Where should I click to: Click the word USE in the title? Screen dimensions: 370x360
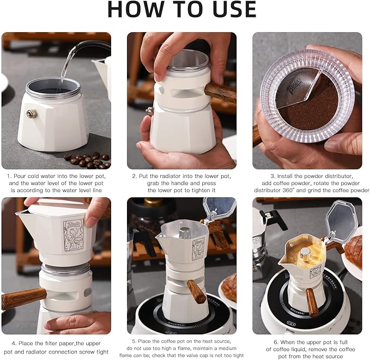[x=234, y=9]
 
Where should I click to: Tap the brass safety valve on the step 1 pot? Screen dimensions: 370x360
[x=32, y=114]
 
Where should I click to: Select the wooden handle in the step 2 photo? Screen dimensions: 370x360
[x=221, y=92]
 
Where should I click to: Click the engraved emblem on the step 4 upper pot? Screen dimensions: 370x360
[x=74, y=235]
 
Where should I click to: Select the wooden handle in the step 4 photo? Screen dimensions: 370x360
[x=23, y=298]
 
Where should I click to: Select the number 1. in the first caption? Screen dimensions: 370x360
[x=9, y=176]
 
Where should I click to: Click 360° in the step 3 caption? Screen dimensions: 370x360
[x=288, y=191]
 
